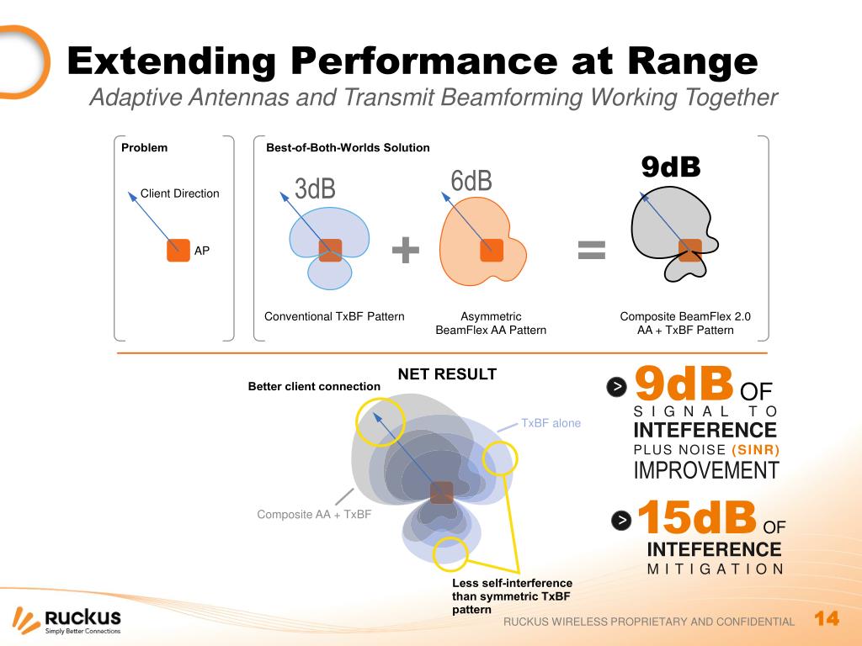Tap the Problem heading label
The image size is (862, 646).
pyautogui.click(x=144, y=148)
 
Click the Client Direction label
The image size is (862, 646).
pyautogui.click(x=179, y=193)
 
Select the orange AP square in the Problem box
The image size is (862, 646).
pyautogui.click(x=178, y=250)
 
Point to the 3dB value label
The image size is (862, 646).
pyautogui.click(x=315, y=188)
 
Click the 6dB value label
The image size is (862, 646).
pyautogui.click(x=471, y=181)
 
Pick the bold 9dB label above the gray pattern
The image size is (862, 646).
pyautogui.click(x=671, y=167)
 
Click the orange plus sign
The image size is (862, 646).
pyautogui.click(x=406, y=250)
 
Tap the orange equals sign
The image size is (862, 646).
pyautogui.click(x=591, y=249)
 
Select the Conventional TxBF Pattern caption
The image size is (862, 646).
pyautogui.click(x=334, y=317)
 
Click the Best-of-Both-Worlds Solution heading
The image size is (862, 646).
pyautogui.click(x=348, y=148)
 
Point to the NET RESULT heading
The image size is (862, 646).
pyautogui.click(x=447, y=374)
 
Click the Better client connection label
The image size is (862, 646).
pyautogui.click(x=314, y=387)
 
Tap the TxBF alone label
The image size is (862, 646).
pyautogui.click(x=551, y=423)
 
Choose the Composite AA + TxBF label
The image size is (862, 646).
pyautogui.click(x=314, y=515)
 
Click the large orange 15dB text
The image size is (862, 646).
pyautogui.click(x=697, y=518)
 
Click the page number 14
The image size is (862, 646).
pyautogui.click(x=827, y=619)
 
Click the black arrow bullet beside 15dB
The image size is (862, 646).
pyautogui.click(x=621, y=521)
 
